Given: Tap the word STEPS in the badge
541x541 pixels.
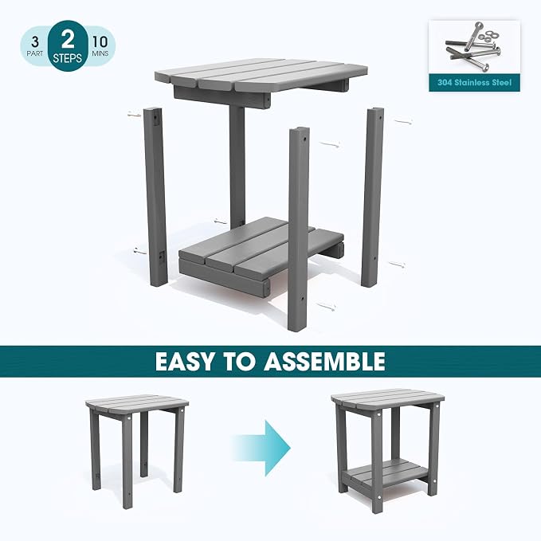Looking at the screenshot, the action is [67, 58].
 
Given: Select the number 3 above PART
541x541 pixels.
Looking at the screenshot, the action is [35, 42].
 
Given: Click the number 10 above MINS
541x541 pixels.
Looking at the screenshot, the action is [100, 41].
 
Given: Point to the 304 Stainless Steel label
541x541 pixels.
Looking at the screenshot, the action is [474, 82].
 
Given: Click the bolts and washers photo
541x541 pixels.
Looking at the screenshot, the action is [474, 47].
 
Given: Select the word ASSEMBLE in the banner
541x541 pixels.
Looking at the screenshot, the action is [324, 361].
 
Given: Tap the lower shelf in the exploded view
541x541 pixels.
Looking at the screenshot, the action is [261, 257].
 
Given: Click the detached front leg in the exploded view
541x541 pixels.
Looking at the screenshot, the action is [299, 229].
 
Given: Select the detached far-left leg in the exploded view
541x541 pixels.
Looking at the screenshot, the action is [155, 197].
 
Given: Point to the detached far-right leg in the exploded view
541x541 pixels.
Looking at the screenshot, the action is [372, 198].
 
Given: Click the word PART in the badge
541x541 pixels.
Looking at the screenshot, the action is [35, 53].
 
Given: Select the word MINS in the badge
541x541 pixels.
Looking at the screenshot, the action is [100, 53].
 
